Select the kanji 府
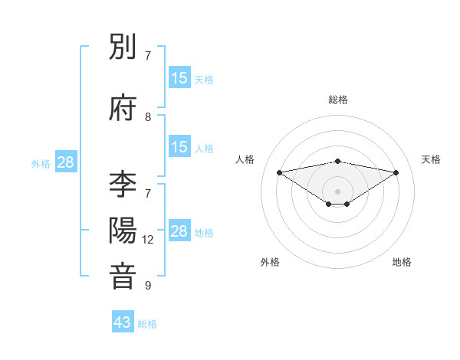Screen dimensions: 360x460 point(123,108)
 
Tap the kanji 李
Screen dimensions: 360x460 point(123,185)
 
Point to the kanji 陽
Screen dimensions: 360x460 point(123,231)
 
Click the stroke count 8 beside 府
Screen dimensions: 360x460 point(148,117)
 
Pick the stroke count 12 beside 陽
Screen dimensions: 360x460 point(149,240)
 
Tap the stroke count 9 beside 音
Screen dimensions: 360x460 point(148,286)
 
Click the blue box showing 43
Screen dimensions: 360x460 point(123,322)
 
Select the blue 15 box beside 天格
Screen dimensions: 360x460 point(179,78)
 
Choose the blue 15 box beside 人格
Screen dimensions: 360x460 point(179,147)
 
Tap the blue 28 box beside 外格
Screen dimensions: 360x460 point(66,162)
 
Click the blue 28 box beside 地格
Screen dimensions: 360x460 point(179,231)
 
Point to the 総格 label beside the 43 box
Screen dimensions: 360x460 point(148,324)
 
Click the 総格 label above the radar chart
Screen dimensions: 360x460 point(338,100)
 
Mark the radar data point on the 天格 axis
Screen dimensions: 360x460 point(396,172)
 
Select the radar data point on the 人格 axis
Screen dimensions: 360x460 point(279,172)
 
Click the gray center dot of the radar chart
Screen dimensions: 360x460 point(338,191)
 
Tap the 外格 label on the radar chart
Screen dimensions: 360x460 point(270,262)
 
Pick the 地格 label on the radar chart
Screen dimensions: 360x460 point(402,262)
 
